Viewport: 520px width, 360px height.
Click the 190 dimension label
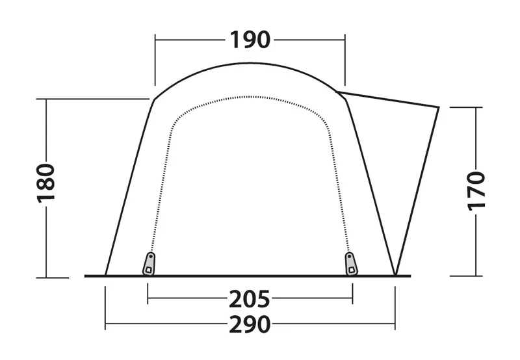pyautogui.click(x=250, y=40)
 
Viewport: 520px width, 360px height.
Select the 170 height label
pyautogui.click(x=476, y=190)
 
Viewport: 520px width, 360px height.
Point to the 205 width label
pyautogui.click(x=249, y=300)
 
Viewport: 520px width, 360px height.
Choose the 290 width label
pyautogui.click(x=249, y=323)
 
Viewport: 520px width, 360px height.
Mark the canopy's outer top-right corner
pyautogui.click(x=439, y=107)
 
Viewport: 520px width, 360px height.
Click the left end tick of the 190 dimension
pyautogui.click(x=155, y=40)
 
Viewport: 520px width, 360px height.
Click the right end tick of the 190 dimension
pyautogui.click(x=345, y=40)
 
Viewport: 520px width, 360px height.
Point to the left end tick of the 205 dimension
pyautogui.click(x=149, y=300)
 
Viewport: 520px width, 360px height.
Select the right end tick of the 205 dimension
pyautogui.click(x=352, y=300)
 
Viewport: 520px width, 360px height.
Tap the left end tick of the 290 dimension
pyautogui.click(x=105, y=323)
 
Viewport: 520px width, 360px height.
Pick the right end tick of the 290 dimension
pyautogui.click(x=396, y=323)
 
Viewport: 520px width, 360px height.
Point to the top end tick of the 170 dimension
pyautogui.click(x=476, y=107)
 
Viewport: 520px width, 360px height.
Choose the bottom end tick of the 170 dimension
pyautogui.click(x=476, y=276)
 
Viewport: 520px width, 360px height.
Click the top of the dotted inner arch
pyautogui.click(x=250, y=97)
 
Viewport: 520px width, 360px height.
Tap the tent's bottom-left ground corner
pyautogui.click(x=105, y=276)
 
